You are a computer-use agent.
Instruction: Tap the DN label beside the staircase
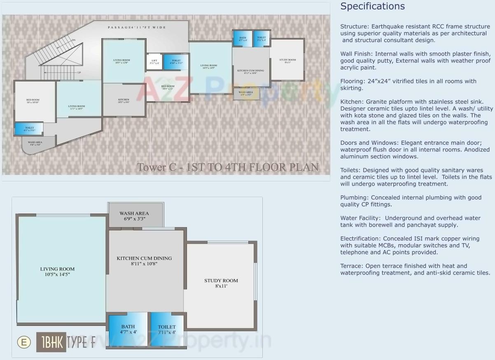pos(73,40)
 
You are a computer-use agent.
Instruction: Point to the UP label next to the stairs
pos(79,72)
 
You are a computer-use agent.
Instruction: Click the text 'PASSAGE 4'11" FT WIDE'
pos(137,28)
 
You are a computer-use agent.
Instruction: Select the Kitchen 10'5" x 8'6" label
pos(124,101)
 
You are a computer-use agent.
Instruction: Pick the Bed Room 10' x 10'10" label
pos(33,101)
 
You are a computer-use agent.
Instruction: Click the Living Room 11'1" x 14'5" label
pos(77,107)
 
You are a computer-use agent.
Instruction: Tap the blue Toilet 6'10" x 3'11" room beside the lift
pos(176,62)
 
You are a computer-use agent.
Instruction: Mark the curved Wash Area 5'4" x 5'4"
pos(35,144)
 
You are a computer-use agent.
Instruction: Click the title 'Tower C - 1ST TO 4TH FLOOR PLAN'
pos(227,167)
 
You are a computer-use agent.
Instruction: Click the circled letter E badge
pos(24,342)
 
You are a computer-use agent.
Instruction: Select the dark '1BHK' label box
pos(51,342)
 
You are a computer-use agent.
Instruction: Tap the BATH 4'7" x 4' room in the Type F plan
pos(128,329)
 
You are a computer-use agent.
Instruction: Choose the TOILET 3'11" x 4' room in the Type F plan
pos(167,329)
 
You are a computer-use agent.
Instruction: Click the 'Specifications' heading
pos(372,6)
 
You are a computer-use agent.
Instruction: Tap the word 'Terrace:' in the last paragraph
pos(352,266)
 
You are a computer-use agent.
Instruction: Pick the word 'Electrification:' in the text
pos(360,239)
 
